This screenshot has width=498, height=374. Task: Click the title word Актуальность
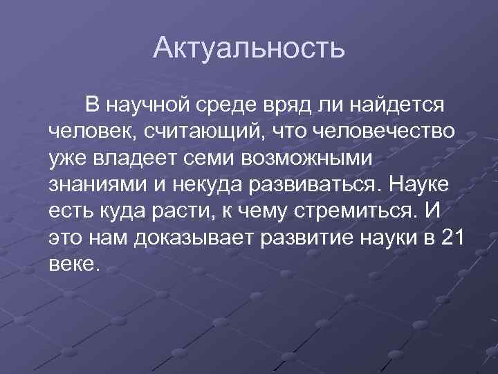pos(248,48)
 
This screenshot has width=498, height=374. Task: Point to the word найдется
pos(397,105)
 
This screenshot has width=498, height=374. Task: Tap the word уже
pos(68,158)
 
